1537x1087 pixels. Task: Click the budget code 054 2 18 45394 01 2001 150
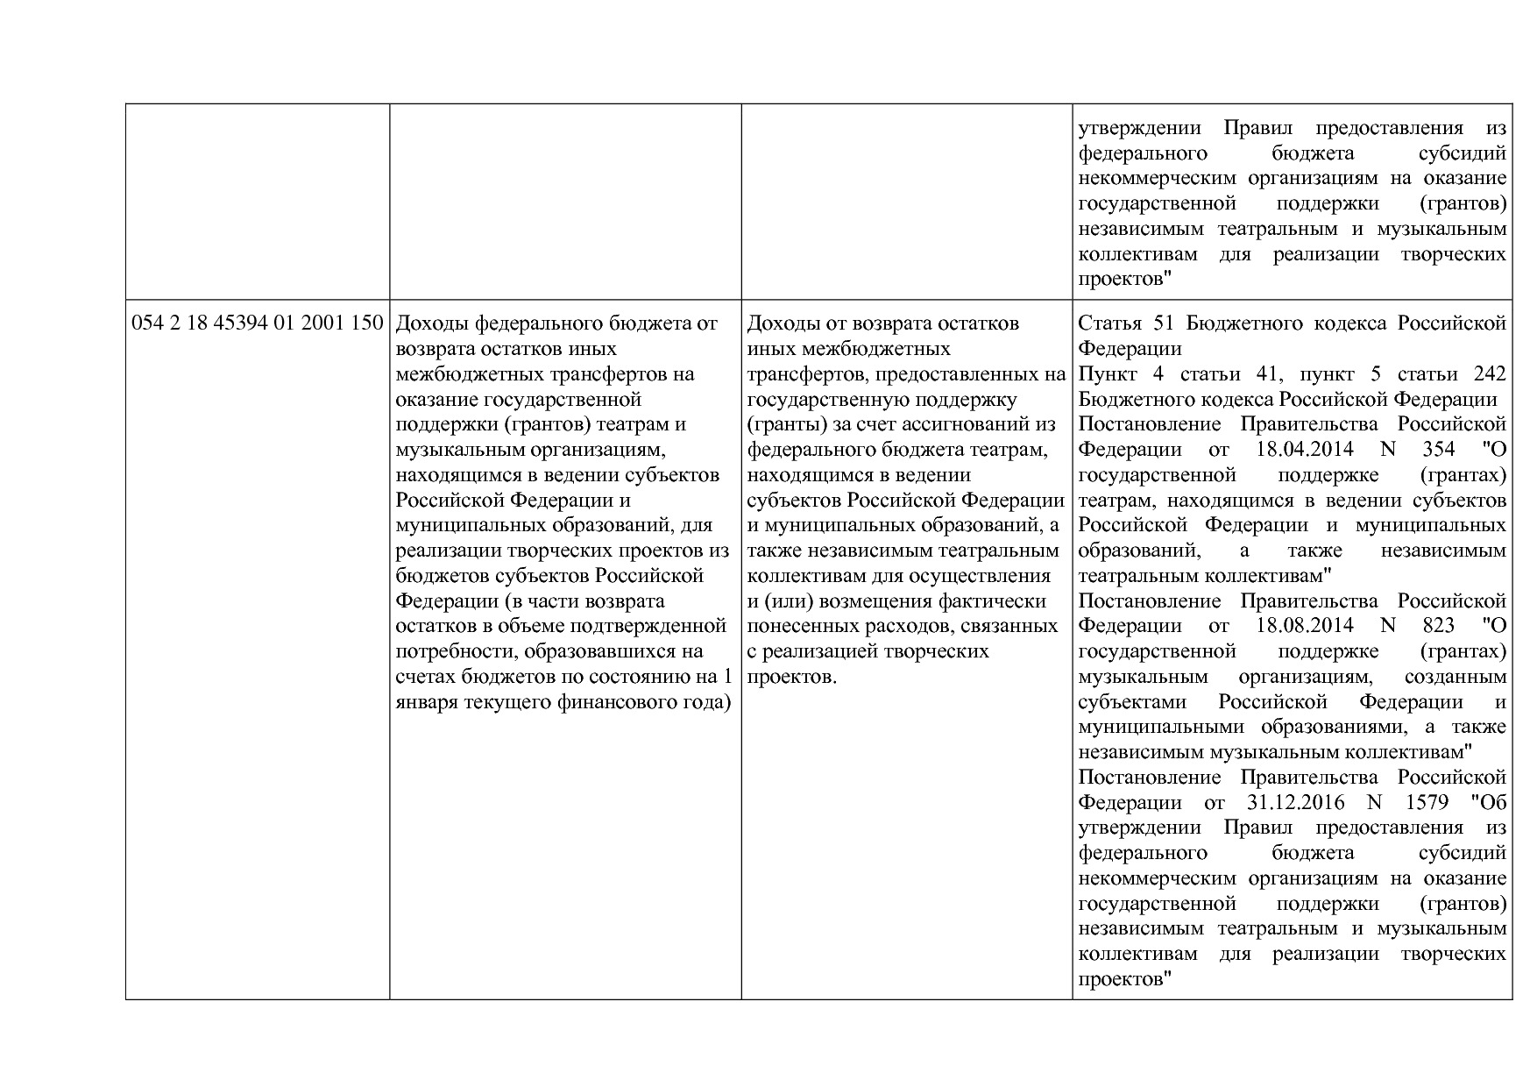pos(258,323)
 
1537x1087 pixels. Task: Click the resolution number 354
pos(1440,450)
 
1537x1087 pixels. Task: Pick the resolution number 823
pos(1440,626)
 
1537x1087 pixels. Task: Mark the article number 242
pos(1490,374)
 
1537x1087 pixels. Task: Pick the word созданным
pos(1455,677)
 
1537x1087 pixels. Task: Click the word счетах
pos(424,677)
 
